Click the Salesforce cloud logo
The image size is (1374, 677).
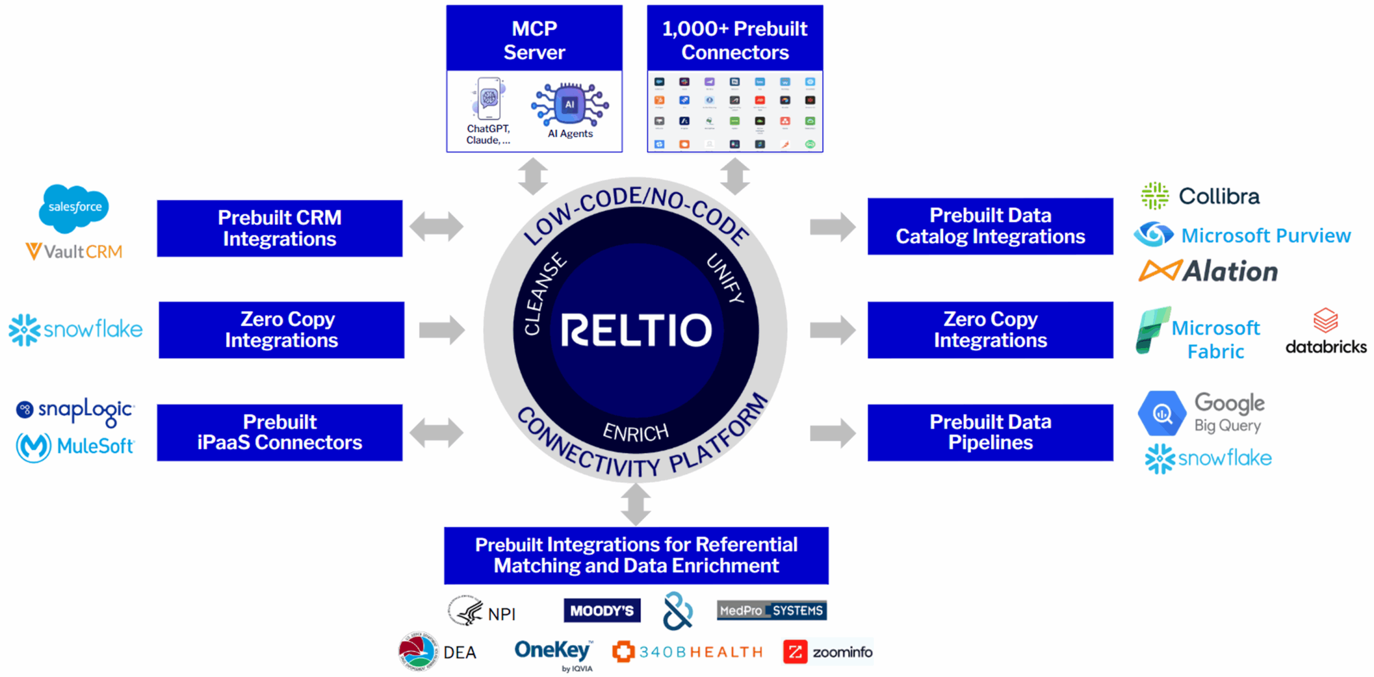pyautogui.click(x=74, y=208)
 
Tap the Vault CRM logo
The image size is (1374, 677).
pyautogui.click(x=74, y=251)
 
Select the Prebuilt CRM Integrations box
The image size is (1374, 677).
pyautogui.click(x=279, y=228)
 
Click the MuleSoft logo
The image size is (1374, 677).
pyautogui.click(x=75, y=446)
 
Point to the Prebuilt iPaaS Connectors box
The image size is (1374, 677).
pyautogui.click(x=279, y=432)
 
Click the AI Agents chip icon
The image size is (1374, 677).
pyautogui.click(x=569, y=104)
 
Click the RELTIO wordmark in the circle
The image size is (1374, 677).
pyautogui.click(x=636, y=329)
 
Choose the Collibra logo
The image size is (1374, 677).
pyautogui.click(x=1200, y=196)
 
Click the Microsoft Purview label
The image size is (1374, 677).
pyautogui.click(x=1265, y=236)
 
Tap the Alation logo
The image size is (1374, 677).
pyautogui.click(x=1208, y=271)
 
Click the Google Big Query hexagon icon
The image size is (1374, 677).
pyautogui.click(x=1161, y=413)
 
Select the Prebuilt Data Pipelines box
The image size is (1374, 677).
pyautogui.click(x=990, y=432)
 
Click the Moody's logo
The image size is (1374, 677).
pyautogui.click(x=602, y=610)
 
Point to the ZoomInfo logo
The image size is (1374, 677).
pyautogui.click(x=827, y=652)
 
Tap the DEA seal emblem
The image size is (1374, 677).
pyautogui.click(x=416, y=651)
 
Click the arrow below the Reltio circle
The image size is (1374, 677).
pyautogui.click(x=635, y=504)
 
